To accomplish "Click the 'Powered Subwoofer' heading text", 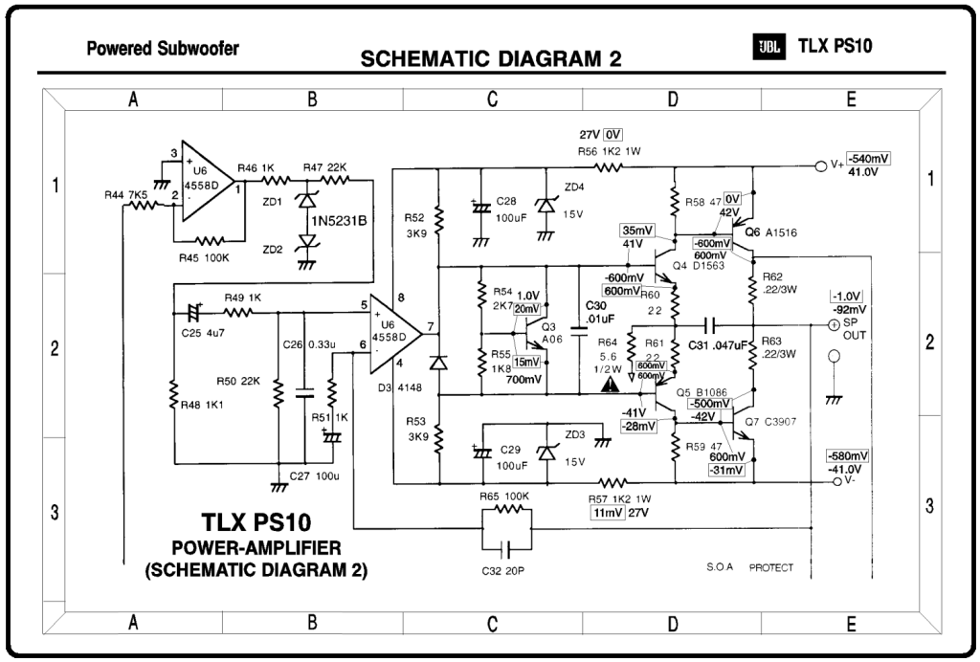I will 163,48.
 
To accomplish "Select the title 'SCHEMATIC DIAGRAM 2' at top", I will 491,59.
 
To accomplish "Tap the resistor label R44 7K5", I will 125,195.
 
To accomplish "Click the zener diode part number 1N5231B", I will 341,222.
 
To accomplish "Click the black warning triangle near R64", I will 609,385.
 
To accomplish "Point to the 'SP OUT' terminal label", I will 855,332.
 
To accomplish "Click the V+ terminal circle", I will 819,165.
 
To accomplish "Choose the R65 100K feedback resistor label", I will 503,497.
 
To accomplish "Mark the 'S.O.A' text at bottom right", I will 719,567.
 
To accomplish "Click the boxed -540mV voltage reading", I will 868,159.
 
